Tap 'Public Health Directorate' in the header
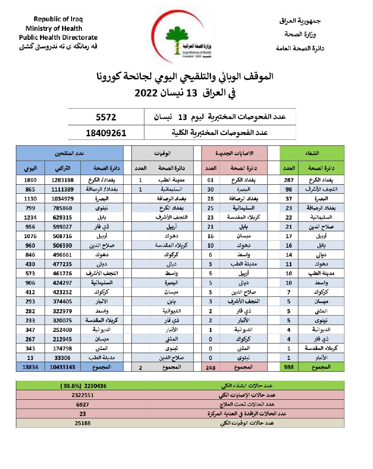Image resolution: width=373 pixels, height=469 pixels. coord(58,37)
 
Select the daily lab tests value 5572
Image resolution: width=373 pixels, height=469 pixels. coord(106,117)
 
